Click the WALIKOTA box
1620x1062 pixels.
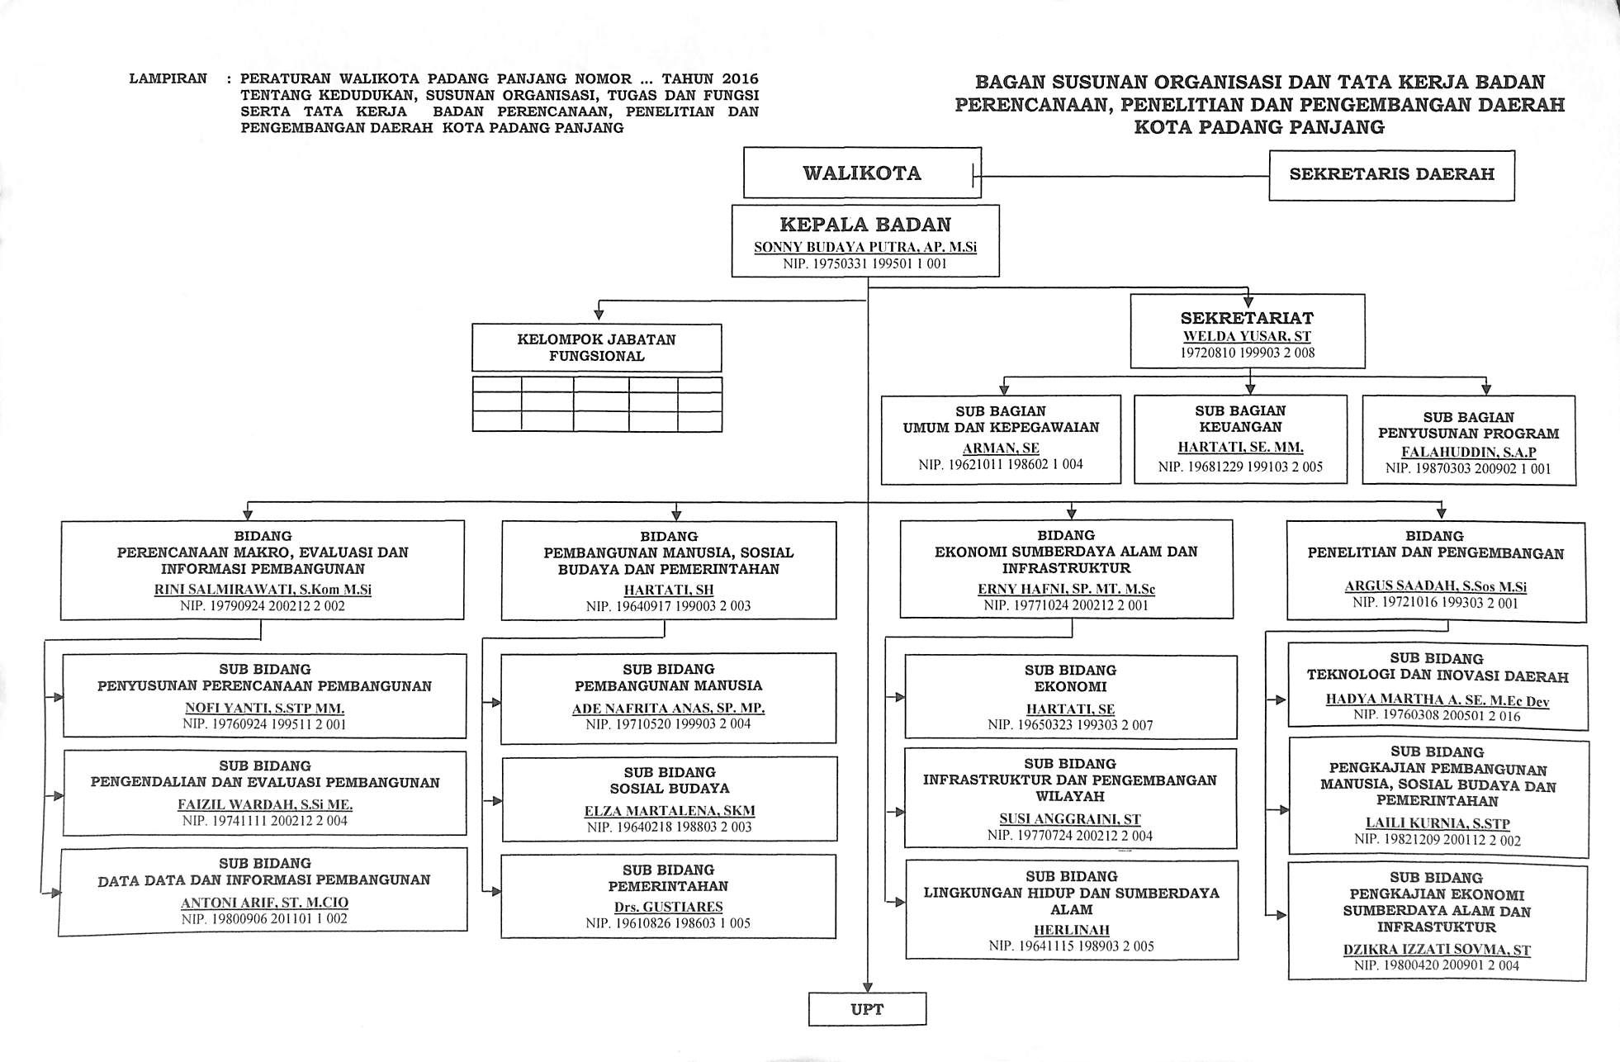pyautogui.click(x=862, y=173)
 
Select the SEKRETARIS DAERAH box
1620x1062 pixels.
pyautogui.click(x=1391, y=175)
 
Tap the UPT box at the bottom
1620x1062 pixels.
pyautogui.click(x=867, y=1009)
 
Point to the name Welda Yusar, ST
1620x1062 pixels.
pyautogui.click(x=1247, y=336)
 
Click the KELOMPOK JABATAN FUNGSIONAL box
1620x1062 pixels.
pyautogui.click(x=596, y=348)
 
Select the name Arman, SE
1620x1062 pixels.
pyautogui.click(x=1001, y=448)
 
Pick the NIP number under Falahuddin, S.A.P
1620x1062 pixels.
pyautogui.click(x=1468, y=468)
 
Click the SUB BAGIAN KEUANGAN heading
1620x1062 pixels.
pyautogui.click(x=1240, y=419)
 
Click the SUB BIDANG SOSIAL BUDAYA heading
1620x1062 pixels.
pyautogui.click(x=670, y=780)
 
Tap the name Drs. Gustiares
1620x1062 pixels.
pyautogui.click(x=668, y=907)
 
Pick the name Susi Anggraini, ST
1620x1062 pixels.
pyautogui.click(x=1070, y=819)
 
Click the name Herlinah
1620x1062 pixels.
pyautogui.click(x=1071, y=930)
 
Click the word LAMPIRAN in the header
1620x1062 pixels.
pyautogui.click(x=168, y=79)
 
